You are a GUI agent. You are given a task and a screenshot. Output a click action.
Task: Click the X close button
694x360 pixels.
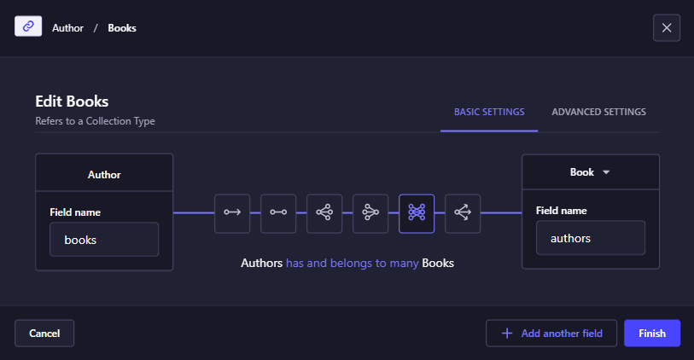667,28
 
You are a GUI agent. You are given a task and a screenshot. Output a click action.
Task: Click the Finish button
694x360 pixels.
652,333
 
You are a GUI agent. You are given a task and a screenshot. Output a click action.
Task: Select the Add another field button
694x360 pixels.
551,333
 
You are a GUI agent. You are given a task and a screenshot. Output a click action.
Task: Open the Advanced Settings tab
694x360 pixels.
599,112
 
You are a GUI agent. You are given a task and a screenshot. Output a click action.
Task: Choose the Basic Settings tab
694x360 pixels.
489,112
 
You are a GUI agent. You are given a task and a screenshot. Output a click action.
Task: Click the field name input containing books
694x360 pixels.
104,239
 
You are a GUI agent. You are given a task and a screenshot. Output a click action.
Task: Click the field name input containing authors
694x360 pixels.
591,238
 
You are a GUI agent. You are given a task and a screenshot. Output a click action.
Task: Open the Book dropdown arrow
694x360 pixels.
606,172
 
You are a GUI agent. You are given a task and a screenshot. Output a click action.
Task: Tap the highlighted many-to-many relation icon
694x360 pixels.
417,213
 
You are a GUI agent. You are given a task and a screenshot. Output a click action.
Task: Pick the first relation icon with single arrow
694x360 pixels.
232,213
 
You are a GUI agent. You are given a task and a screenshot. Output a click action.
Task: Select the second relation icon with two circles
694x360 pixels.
278,213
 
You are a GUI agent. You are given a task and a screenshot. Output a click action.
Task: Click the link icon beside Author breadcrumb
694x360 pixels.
28,26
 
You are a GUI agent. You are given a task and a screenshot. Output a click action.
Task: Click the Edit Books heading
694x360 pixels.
73,102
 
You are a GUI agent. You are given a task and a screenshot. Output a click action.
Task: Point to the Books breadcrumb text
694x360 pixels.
122,28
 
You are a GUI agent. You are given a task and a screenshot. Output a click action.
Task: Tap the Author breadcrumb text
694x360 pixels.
67,28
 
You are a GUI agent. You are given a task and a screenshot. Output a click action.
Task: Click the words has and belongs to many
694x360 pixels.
353,263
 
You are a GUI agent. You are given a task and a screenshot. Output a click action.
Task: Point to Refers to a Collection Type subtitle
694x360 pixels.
95,121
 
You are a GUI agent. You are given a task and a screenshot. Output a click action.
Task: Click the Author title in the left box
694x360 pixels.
104,175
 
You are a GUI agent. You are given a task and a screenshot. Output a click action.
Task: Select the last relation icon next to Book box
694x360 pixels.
463,213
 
